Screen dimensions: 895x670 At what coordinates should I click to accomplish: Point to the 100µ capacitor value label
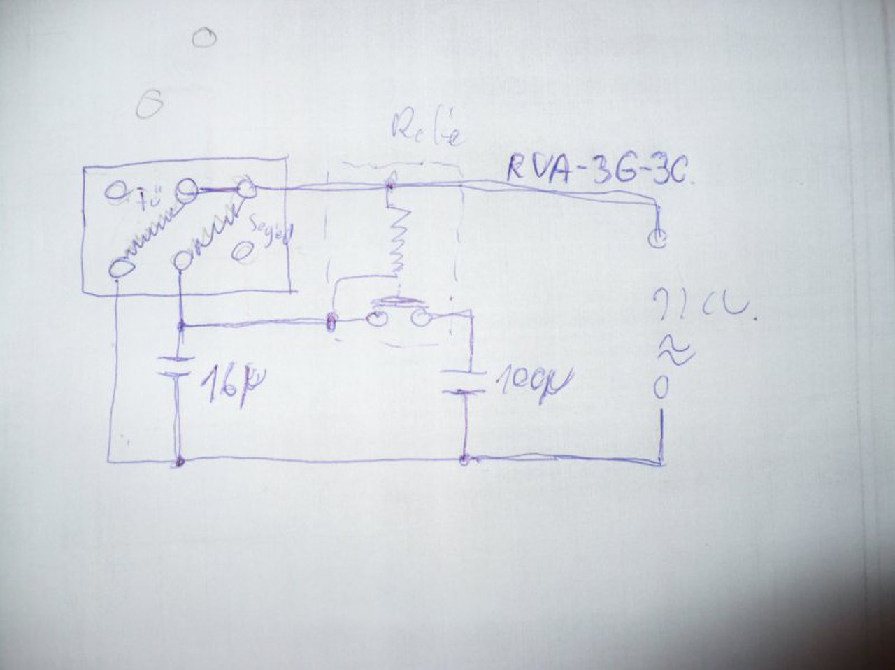533,381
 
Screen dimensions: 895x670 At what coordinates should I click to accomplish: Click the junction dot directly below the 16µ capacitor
180,462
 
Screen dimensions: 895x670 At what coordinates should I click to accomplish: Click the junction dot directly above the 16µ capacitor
181,325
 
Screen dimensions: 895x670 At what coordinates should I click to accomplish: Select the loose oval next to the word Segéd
243,251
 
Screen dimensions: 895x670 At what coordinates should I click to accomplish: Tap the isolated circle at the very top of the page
204,38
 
